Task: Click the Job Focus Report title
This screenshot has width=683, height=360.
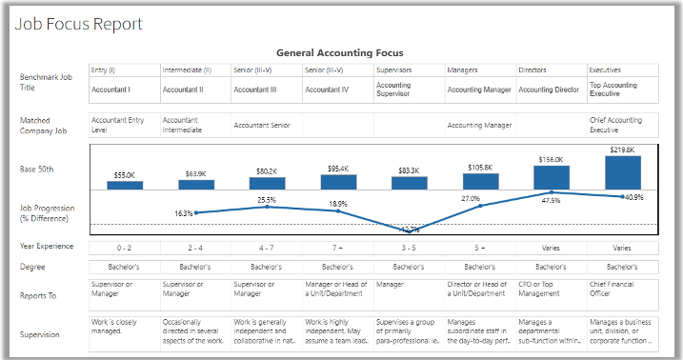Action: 78,24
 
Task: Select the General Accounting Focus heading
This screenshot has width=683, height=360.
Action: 339,53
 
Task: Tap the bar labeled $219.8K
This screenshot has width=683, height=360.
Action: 623,172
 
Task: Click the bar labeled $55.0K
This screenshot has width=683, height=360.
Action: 125,185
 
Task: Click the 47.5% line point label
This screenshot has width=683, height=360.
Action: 549,201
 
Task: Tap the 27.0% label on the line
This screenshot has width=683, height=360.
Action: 470,198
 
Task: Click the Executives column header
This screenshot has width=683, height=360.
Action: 606,70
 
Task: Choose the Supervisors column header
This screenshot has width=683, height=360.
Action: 393,70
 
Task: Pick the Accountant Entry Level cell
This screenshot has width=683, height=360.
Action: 123,124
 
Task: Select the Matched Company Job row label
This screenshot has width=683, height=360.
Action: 44,125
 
